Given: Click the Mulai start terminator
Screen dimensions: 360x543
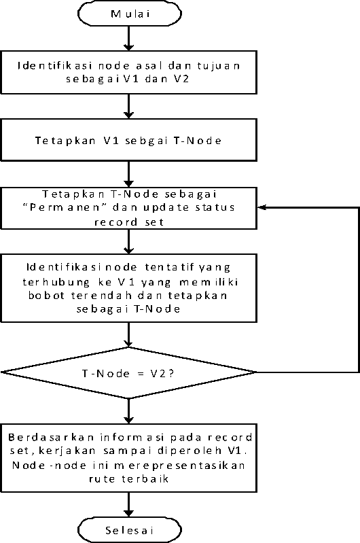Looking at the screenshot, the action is point(130,14).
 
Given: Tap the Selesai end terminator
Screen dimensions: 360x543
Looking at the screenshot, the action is point(130,530).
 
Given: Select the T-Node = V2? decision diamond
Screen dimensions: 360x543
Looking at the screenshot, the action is point(129,372).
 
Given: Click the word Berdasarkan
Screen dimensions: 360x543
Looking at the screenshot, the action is point(51,438).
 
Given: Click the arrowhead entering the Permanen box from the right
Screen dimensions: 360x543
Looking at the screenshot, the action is point(262,207).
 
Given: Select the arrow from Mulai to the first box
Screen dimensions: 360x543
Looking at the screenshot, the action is point(129,38).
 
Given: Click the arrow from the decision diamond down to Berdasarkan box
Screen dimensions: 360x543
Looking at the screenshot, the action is point(129,411).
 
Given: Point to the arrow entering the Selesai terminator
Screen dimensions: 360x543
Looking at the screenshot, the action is point(129,505).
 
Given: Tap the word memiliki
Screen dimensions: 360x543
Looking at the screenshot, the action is point(209,282).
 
